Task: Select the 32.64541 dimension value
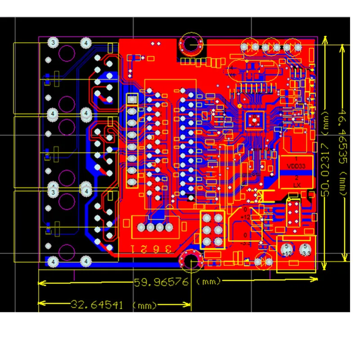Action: coord(96,305)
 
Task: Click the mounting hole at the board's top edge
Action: coord(191,45)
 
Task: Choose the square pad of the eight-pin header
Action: coord(132,99)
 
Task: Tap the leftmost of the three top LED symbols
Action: coord(249,46)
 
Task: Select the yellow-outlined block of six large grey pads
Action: coord(212,230)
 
